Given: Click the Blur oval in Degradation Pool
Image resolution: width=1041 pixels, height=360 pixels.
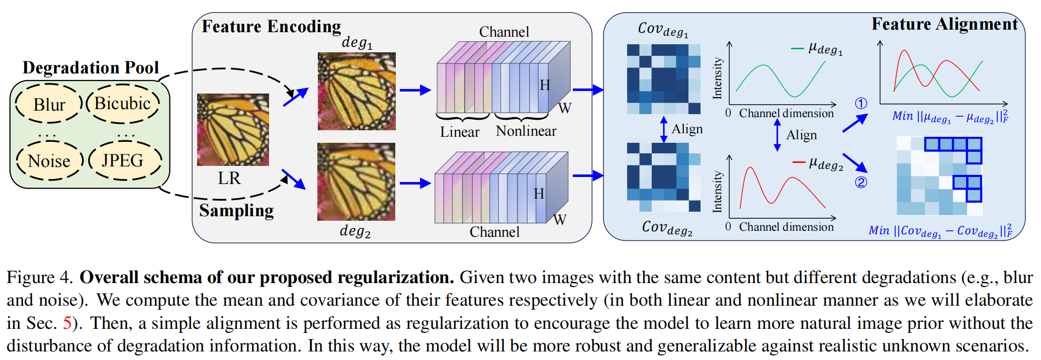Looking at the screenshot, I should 49,104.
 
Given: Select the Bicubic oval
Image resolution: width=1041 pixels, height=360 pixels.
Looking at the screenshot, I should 123,103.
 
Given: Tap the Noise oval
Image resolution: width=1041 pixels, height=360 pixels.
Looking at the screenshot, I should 49,161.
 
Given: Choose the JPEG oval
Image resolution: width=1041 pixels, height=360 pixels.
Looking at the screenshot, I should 123,160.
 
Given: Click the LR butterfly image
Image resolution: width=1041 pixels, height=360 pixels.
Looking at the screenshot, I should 233,130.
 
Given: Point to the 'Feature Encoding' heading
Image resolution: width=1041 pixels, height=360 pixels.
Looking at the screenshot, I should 271,26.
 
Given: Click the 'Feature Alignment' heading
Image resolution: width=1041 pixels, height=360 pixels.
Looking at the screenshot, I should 944,24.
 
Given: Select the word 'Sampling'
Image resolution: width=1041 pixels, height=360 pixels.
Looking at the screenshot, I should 236,210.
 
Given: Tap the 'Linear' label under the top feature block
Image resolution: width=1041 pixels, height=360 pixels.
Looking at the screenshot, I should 459,132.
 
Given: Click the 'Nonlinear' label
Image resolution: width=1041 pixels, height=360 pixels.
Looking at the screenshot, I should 526,131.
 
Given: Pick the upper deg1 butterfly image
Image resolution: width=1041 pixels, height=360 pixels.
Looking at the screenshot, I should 357,91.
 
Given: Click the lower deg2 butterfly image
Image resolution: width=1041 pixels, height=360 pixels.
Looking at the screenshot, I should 356,182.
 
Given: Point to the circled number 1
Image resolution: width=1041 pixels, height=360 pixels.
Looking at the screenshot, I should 861,104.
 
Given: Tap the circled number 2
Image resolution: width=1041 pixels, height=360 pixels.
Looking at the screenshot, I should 861,182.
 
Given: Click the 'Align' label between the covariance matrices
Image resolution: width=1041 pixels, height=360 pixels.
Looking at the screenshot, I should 687,129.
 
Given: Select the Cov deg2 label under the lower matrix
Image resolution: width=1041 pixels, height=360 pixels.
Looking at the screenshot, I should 667,228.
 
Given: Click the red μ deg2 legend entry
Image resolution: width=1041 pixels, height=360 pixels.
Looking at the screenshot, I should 818,163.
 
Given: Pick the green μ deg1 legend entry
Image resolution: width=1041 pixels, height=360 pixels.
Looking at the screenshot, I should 818,49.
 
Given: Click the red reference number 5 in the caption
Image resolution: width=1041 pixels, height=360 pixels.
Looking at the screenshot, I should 67,323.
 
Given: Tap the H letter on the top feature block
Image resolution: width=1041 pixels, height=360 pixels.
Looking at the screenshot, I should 545,85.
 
